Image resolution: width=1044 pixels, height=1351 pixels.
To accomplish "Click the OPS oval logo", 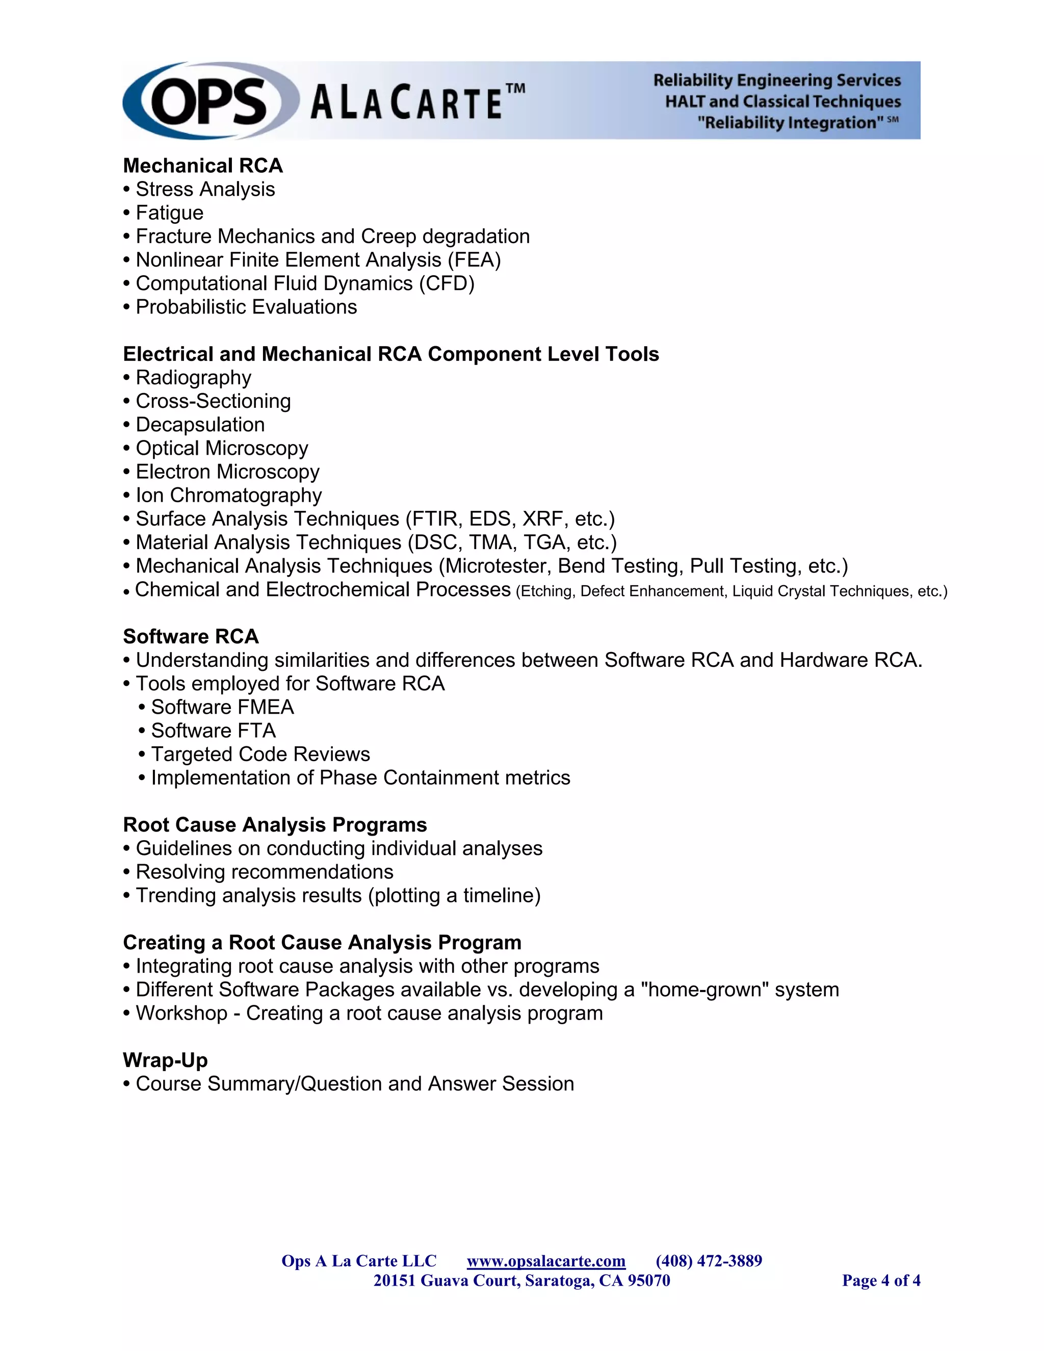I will (x=209, y=101).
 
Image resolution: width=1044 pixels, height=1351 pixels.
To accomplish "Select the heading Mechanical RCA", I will (x=203, y=166).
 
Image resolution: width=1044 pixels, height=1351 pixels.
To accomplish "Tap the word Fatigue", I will (x=169, y=213).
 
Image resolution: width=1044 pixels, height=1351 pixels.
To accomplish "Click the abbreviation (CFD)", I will (x=447, y=283).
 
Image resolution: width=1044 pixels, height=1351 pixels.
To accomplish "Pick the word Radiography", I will (x=194, y=377).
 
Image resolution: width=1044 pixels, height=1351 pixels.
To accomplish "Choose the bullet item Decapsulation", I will (x=200, y=424).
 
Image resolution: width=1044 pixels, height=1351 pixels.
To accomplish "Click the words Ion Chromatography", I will (x=229, y=495).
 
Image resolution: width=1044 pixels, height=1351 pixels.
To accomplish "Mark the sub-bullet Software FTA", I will (x=214, y=731).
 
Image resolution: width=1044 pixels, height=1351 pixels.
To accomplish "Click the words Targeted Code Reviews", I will (x=260, y=754).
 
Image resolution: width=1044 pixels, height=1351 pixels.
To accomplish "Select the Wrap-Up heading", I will (x=165, y=1060).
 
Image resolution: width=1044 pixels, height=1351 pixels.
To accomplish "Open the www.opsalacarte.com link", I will (x=546, y=1261).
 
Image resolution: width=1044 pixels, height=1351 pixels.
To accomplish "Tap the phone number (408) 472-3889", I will (x=709, y=1261).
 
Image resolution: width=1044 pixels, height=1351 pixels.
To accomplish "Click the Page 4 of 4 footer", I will (x=881, y=1281).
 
